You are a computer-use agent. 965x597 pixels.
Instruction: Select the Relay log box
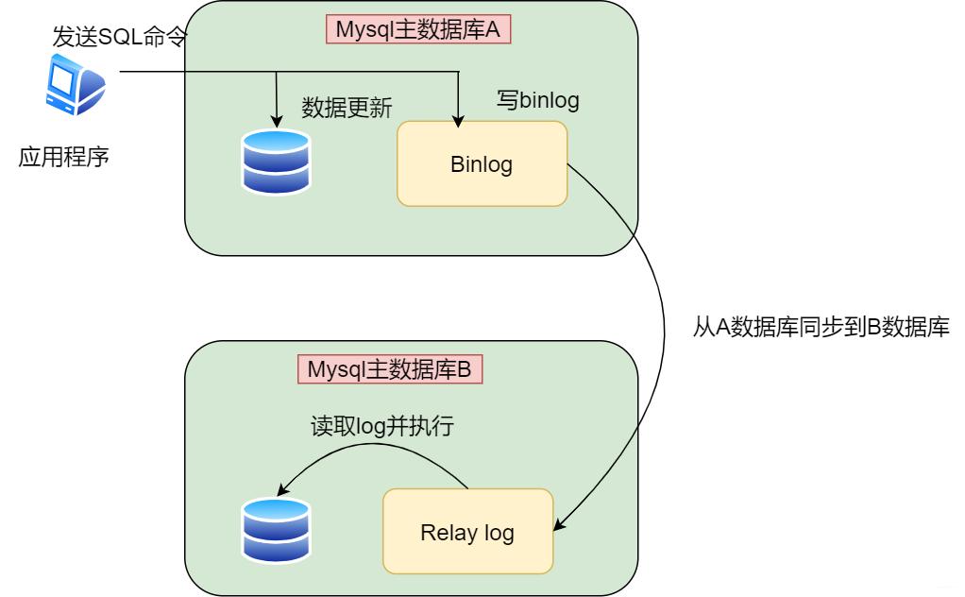[466, 531]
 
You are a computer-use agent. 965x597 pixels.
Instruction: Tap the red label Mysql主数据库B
[390, 368]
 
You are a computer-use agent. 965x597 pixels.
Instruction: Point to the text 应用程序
[64, 156]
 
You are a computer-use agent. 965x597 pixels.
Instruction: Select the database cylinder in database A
[276, 162]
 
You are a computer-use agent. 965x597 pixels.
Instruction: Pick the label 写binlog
[537, 100]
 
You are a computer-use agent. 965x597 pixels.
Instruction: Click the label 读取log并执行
[383, 426]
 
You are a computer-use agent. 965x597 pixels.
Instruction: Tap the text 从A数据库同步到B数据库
[820, 329]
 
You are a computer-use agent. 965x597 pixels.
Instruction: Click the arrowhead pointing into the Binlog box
[459, 121]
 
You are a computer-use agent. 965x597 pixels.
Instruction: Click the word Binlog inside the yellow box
[482, 164]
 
